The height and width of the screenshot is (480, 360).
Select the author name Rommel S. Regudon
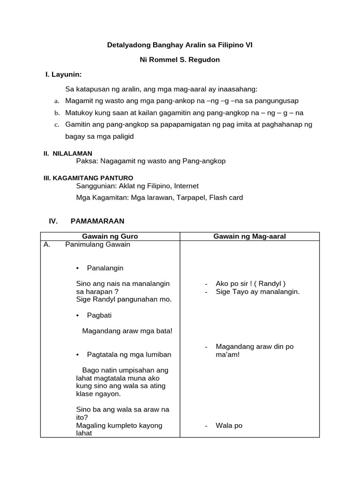[186, 60]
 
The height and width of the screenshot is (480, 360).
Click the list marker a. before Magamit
[56, 101]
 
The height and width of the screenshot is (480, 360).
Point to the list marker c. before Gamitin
[56, 125]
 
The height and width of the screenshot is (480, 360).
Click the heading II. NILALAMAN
[68, 153]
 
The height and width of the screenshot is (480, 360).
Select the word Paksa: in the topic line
[87, 161]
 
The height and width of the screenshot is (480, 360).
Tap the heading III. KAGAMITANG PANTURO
[88, 178]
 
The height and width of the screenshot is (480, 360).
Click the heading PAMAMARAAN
[97, 221]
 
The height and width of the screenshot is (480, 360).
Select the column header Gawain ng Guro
[110, 236]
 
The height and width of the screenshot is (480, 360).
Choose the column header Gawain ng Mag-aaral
[249, 236]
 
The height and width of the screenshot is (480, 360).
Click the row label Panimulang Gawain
[97, 244]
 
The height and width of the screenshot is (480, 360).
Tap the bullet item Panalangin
[105, 268]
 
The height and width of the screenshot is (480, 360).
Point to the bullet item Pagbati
[99, 315]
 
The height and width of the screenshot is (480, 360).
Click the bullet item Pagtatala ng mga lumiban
[129, 354]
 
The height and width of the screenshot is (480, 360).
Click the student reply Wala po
[229, 426]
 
